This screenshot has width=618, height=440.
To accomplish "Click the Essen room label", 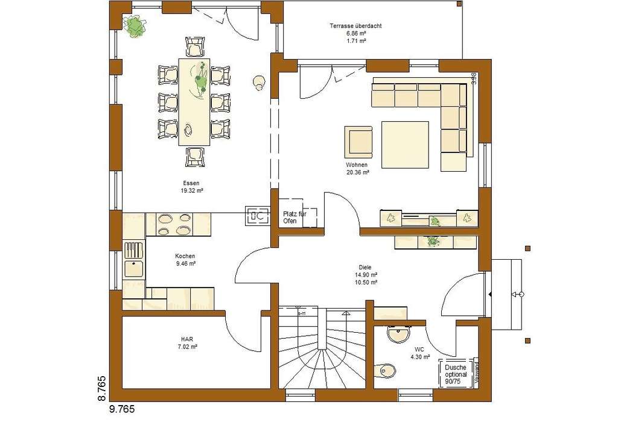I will (x=191, y=183).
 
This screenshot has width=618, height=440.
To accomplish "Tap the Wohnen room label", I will (x=357, y=165).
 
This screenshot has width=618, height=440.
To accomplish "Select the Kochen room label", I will (x=185, y=256).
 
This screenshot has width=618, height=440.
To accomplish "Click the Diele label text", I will (x=366, y=267).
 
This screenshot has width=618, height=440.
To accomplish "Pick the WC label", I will (x=419, y=350).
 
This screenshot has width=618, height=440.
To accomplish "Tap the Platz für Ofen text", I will (x=295, y=217).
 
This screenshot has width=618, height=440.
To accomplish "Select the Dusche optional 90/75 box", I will (x=456, y=374).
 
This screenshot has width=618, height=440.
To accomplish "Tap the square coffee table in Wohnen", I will (x=405, y=145).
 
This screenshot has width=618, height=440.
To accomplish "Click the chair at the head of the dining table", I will (x=195, y=46).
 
